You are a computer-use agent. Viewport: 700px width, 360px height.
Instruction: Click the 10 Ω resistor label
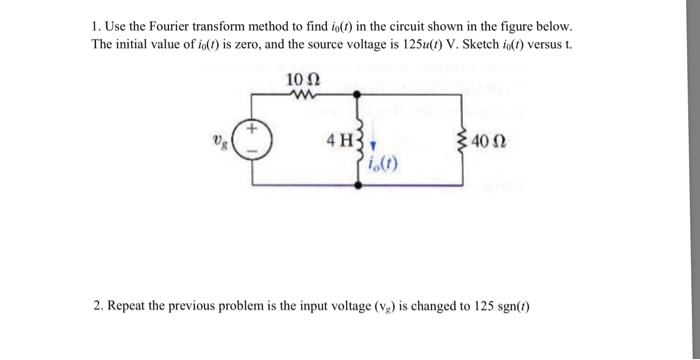(x=301, y=79)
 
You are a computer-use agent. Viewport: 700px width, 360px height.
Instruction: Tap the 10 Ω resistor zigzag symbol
(x=300, y=95)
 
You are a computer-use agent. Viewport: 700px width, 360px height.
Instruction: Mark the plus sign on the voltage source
(x=252, y=131)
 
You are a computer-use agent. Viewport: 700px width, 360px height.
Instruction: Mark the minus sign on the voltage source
(x=252, y=153)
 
